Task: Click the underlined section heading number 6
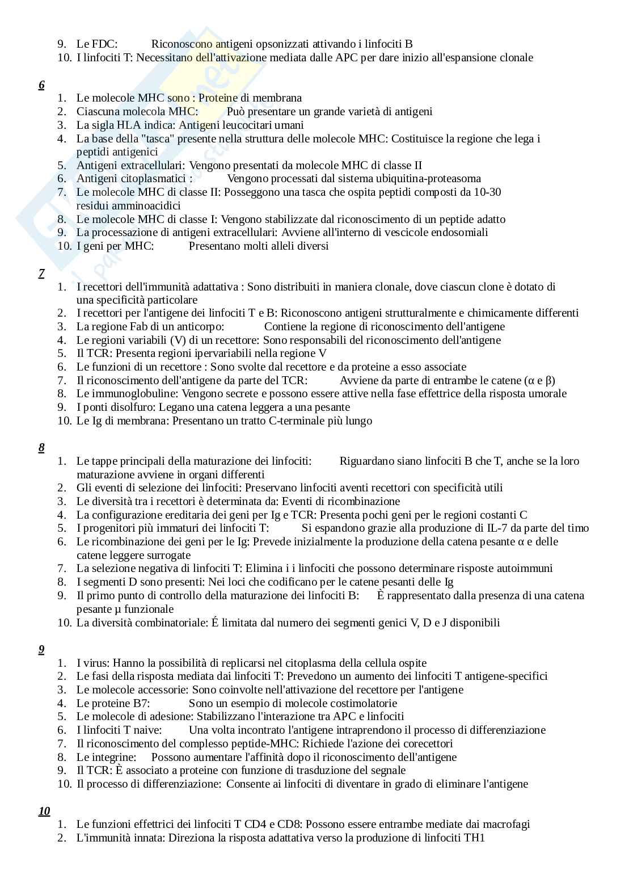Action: click(41, 85)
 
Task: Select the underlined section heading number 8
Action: click(41, 448)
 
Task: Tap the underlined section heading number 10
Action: click(44, 811)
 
